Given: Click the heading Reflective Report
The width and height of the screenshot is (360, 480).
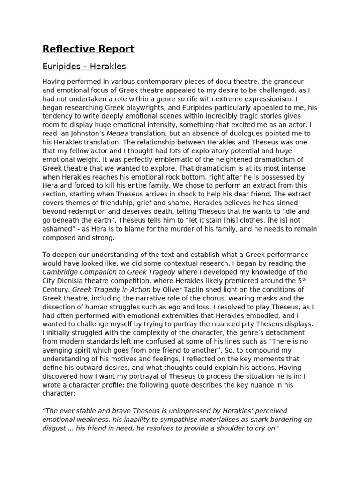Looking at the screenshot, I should coord(88,49).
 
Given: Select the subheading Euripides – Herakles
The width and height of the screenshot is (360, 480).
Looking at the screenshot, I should coord(84,67).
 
